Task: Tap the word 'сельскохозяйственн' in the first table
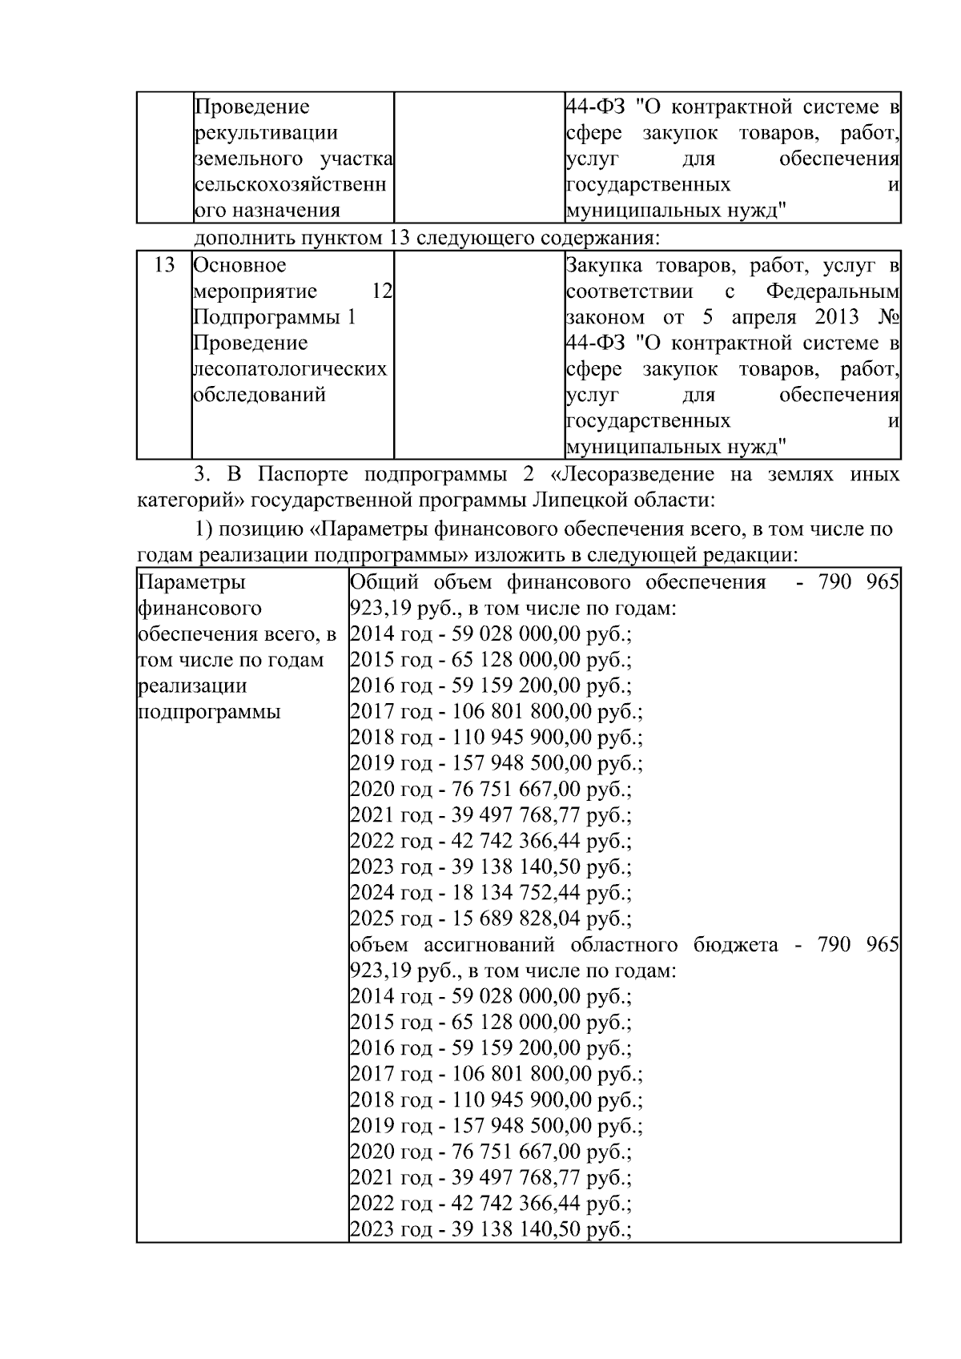point(291,184)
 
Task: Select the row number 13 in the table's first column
point(163,265)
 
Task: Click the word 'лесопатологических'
point(291,368)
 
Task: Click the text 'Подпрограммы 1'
point(275,317)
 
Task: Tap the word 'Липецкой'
point(579,501)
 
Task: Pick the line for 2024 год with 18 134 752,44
point(490,892)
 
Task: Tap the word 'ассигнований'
point(489,944)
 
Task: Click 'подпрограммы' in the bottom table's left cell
point(209,711)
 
